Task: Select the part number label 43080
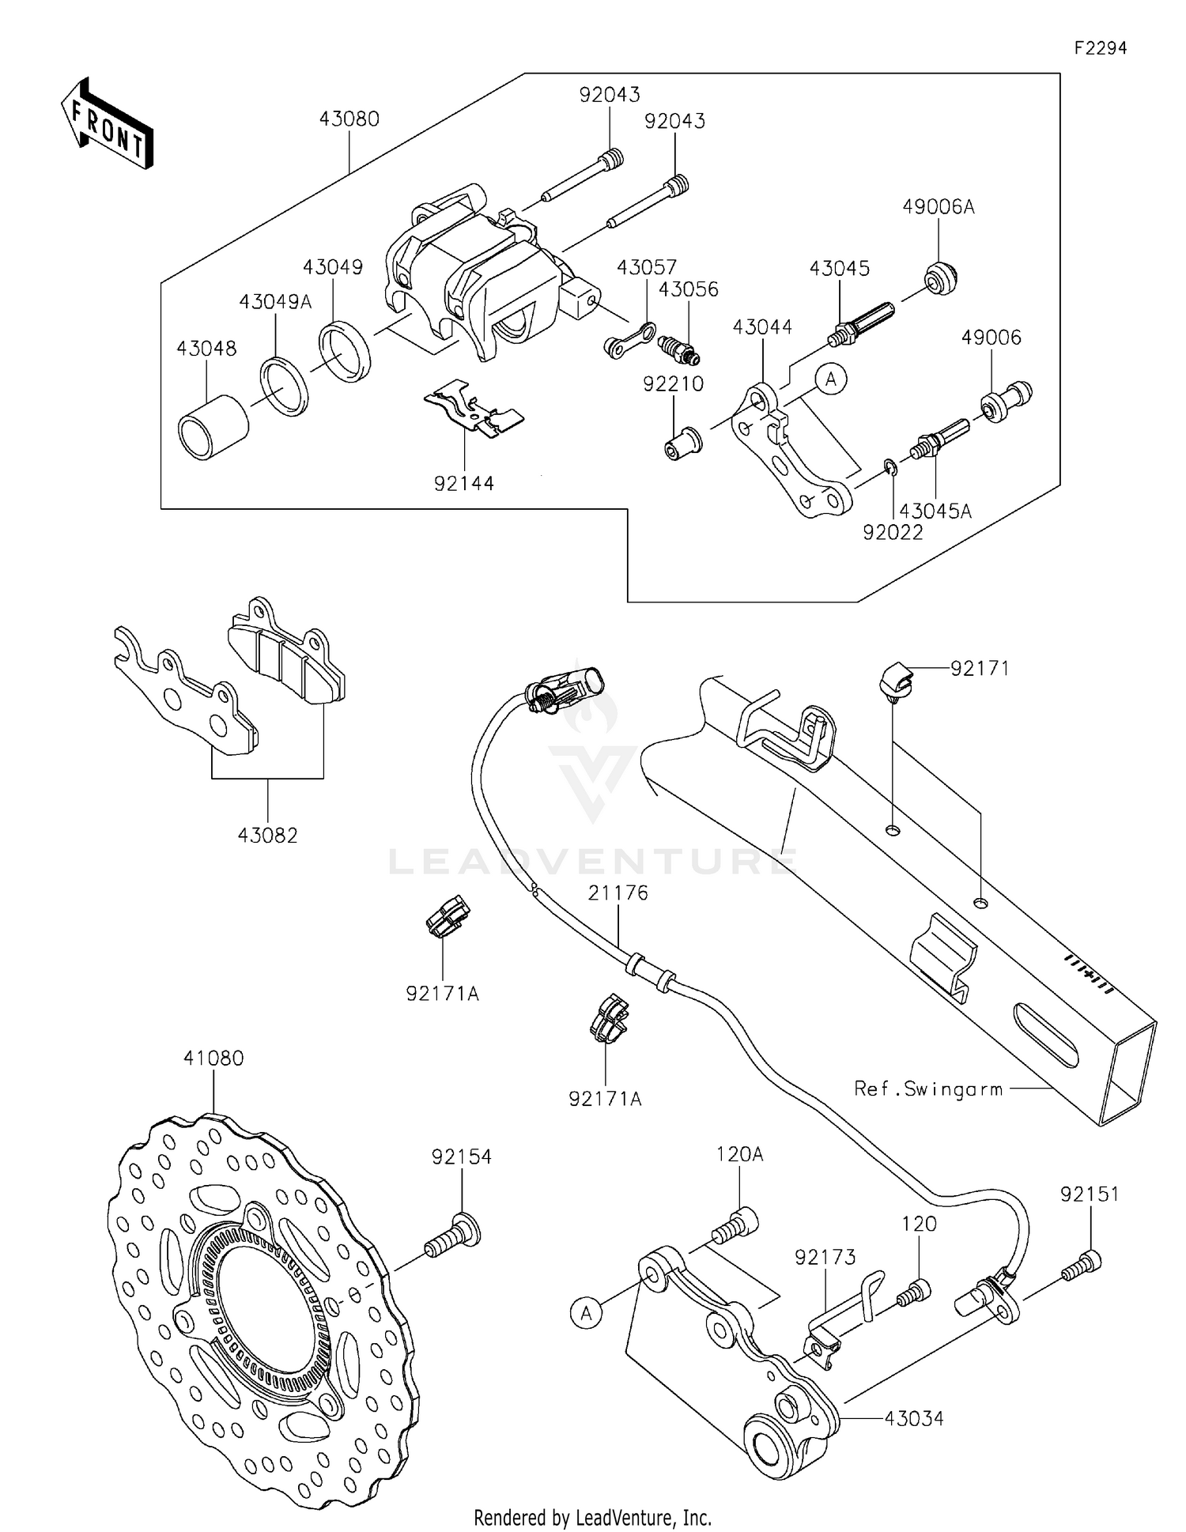click(x=349, y=119)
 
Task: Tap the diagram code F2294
click(x=1100, y=48)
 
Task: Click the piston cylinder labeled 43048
click(x=213, y=427)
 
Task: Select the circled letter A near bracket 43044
click(x=831, y=379)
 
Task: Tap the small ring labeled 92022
click(x=891, y=468)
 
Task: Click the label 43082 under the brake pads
click(x=267, y=835)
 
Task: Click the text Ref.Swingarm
click(x=928, y=1089)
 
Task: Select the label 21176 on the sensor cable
click(x=618, y=892)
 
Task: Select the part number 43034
click(x=914, y=1419)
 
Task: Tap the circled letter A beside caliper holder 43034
click(x=586, y=1313)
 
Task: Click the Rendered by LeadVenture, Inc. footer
click(x=592, y=1518)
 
